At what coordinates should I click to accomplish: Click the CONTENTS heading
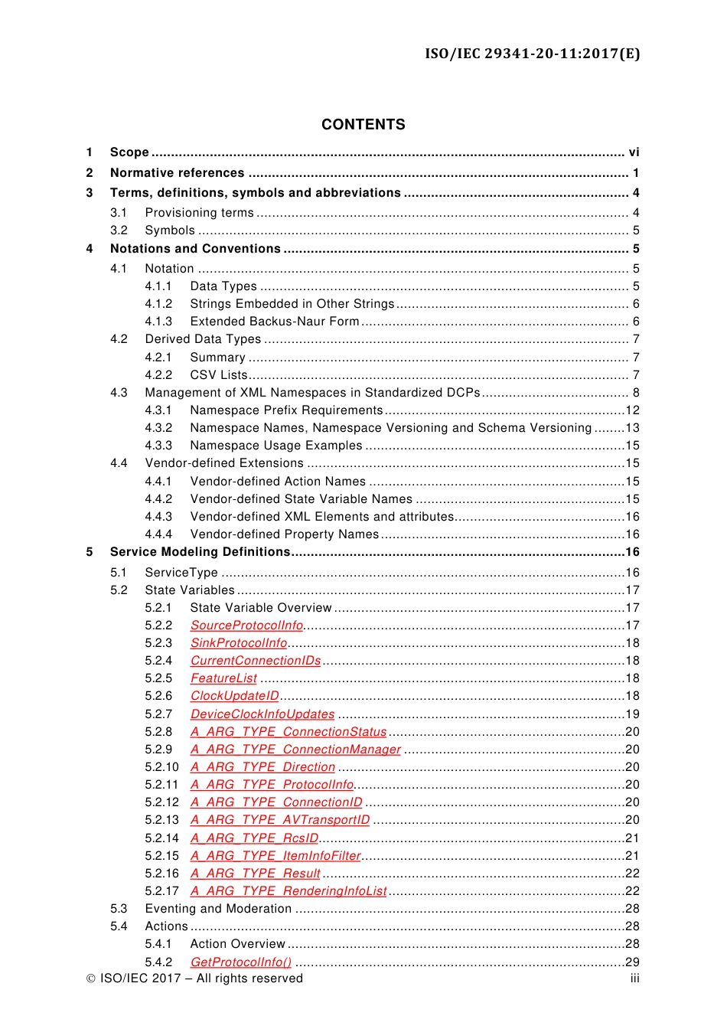[x=363, y=125]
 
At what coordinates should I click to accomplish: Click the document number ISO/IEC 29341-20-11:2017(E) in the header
[x=533, y=54]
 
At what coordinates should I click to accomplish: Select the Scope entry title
[x=129, y=152]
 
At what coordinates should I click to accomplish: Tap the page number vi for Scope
[x=634, y=152]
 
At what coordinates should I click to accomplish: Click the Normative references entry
[x=177, y=173]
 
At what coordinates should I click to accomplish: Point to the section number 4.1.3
[x=158, y=322]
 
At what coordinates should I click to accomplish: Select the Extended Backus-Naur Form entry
[x=275, y=322]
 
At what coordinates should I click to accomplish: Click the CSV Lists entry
[x=219, y=375]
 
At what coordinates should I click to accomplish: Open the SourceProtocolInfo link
[x=246, y=626]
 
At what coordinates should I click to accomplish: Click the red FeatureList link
[x=223, y=678]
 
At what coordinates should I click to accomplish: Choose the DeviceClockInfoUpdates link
[x=262, y=714]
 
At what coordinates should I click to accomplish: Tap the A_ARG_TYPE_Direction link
[x=262, y=767]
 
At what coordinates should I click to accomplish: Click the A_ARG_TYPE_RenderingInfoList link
[x=289, y=891]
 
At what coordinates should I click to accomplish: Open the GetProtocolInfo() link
[x=241, y=962]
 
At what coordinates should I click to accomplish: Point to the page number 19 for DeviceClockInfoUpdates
[x=632, y=714]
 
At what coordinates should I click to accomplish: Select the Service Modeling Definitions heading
[x=200, y=552]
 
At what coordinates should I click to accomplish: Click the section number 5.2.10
[x=161, y=767]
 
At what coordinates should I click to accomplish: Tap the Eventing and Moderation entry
[x=218, y=909]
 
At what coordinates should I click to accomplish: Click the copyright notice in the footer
[x=194, y=978]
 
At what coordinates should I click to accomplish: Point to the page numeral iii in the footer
[x=634, y=978]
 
